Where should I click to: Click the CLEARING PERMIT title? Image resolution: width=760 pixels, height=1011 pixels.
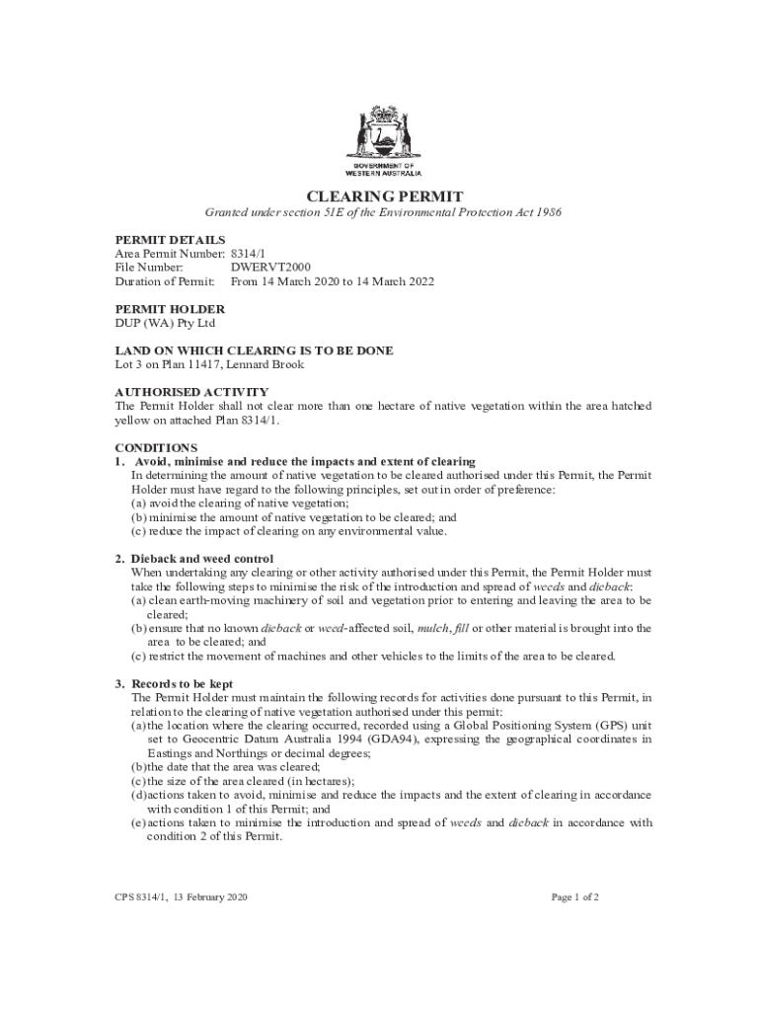tap(380, 196)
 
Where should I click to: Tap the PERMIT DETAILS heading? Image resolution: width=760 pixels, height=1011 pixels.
tap(170, 240)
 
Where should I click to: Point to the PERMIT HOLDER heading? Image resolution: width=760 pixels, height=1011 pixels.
tap(170, 309)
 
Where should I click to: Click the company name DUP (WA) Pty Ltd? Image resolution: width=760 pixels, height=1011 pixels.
tap(165, 323)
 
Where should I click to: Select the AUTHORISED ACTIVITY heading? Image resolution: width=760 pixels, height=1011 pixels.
tap(191, 392)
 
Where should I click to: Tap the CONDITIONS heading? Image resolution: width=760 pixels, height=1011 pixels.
tap(156, 447)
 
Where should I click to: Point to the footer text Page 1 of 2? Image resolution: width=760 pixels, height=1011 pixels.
tap(575, 897)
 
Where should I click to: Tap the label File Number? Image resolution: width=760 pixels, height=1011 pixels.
tap(149, 267)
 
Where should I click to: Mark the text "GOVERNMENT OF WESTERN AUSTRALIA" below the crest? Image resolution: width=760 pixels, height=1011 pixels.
tap(380, 168)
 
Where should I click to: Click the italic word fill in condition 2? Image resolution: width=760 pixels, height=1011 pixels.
tap(461, 628)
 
